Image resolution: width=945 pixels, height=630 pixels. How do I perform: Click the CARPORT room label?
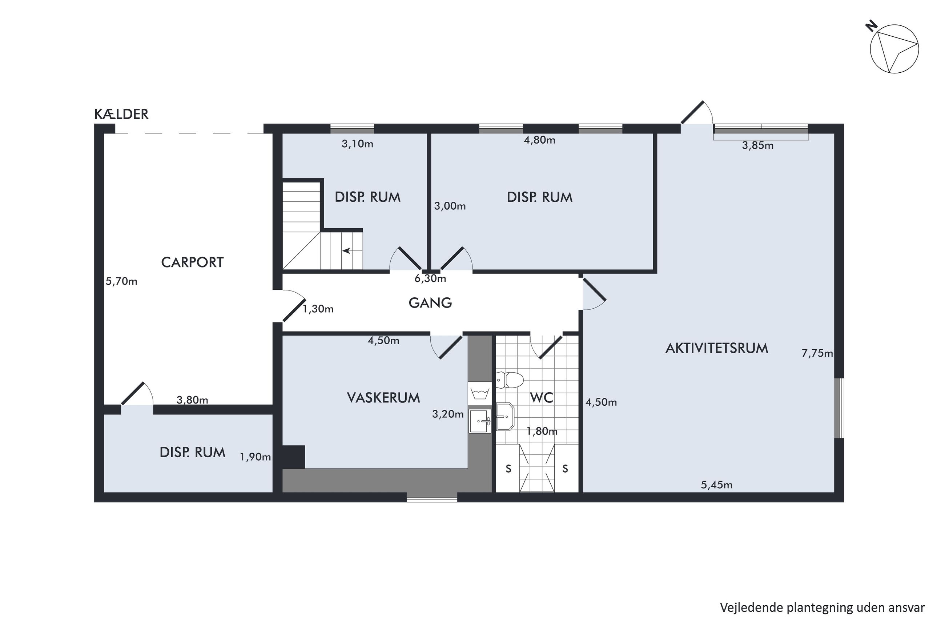192,262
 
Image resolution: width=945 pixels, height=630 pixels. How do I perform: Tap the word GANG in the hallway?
430,302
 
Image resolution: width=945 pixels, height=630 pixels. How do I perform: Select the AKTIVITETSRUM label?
716,348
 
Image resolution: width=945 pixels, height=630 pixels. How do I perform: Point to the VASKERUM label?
383,398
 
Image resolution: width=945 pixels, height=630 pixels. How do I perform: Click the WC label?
542,398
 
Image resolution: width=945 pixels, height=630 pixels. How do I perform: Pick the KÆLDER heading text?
121,114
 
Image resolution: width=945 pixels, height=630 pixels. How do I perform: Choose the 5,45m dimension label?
716,485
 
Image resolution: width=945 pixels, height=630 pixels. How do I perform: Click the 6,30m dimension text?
430,278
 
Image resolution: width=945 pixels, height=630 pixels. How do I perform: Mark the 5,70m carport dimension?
121,281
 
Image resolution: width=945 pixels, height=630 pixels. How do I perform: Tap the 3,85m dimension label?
757,145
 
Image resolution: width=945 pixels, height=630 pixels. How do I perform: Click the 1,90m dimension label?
256,457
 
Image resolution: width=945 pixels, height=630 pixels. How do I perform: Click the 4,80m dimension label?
539,140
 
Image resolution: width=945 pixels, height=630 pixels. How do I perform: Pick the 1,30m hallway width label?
318,309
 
